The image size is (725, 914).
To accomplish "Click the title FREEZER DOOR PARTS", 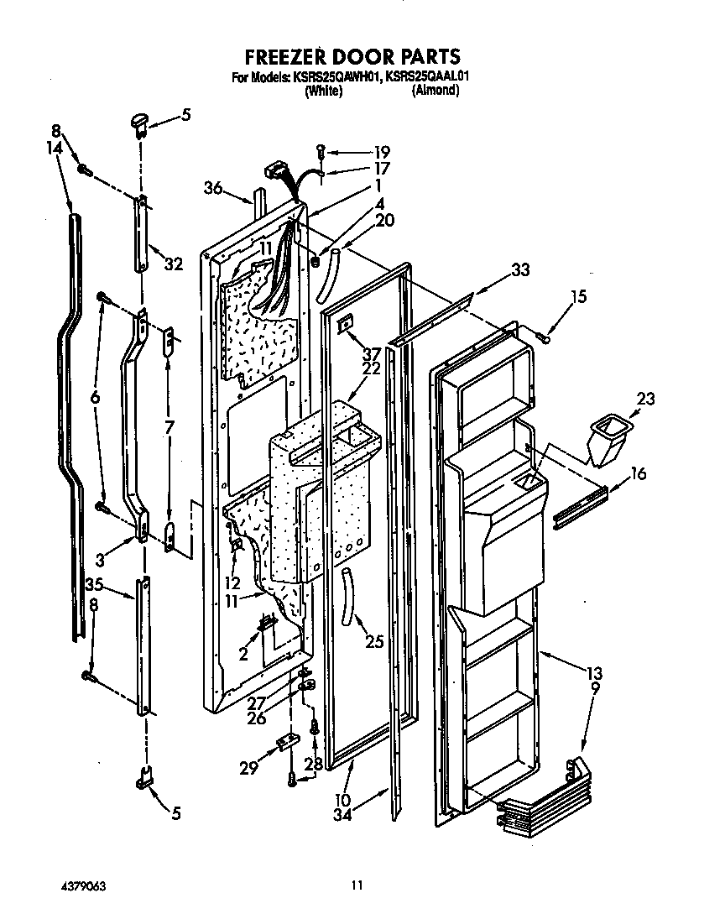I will coord(352,56).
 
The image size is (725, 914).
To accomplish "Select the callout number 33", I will coord(520,270).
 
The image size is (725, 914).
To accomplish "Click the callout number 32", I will coord(174,264).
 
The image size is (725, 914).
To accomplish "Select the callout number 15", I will coord(579,296).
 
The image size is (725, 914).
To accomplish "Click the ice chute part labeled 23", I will coord(604,442).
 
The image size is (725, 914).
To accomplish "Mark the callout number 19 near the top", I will coord(382,153).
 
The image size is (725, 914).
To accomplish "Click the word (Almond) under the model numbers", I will coord(435,91).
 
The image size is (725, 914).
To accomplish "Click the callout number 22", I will coord(372,368).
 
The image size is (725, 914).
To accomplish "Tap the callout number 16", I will coord(638,475).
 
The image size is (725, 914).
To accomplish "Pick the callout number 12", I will coord(232,582).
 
